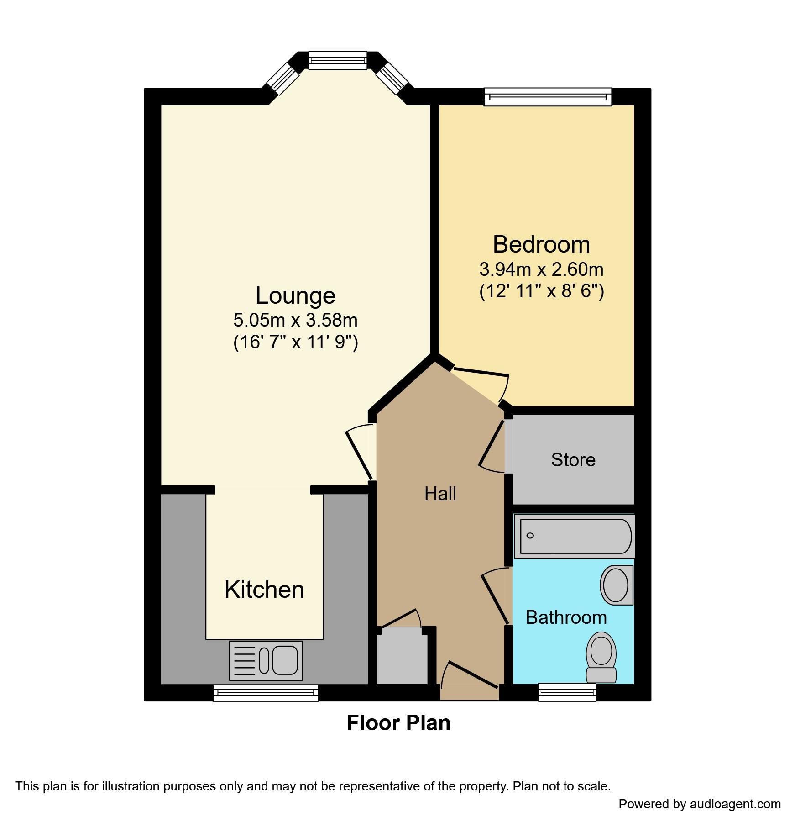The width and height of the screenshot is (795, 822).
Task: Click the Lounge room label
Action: (x=295, y=295)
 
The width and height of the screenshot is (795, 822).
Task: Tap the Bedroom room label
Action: (x=541, y=244)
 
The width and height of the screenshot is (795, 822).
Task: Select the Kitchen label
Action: (x=264, y=590)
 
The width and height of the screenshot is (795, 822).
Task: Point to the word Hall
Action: (x=440, y=494)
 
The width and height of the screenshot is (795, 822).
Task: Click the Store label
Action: (x=573, y=460)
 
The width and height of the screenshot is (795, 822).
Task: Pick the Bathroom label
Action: (x=566, y=617)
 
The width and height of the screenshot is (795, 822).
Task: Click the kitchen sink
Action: (x=266, y=660)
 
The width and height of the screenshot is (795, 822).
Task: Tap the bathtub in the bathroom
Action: (x=574, y=536)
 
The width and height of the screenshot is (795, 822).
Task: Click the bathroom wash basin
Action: (x=616, y=585)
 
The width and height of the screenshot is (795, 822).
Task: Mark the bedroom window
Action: (x=548, y=97)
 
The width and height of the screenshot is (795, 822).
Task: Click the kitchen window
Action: (x=266, y=693)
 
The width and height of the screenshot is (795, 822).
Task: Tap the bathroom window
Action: (x=567, y=692)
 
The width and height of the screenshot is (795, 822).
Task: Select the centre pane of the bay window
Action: (x=337, y=60)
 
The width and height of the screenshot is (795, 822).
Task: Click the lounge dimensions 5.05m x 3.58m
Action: (x=295, y=320)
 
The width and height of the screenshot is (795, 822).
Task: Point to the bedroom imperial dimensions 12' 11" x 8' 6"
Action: (x=541, y=291)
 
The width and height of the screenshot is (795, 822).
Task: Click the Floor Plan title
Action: (x=398, y=723)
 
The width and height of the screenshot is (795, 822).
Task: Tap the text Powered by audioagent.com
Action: (x=699, y=804)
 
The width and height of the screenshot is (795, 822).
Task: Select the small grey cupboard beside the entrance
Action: (x=402, y=658)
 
